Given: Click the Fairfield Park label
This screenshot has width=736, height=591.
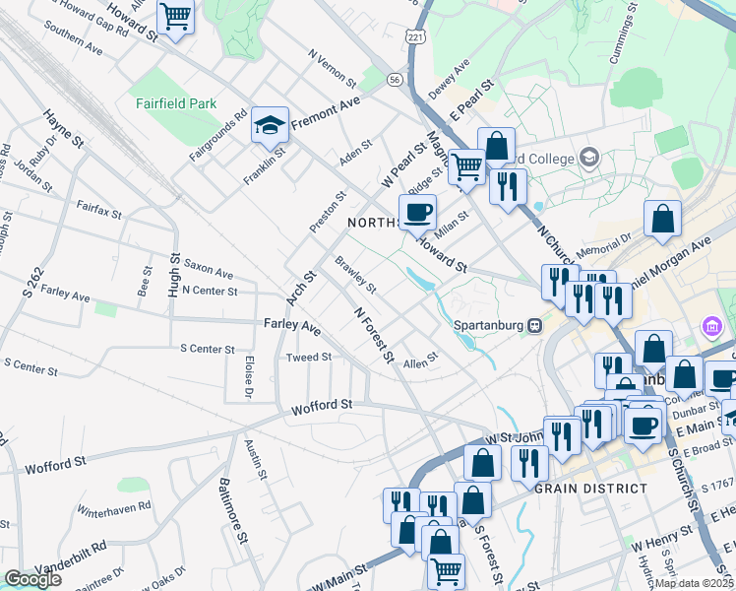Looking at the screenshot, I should [177, 100].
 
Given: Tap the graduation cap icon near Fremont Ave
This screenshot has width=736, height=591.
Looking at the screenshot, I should [270, 126].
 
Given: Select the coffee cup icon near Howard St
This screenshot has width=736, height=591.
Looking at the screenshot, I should [417, 211].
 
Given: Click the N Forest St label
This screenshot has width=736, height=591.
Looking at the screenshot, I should [374, 333].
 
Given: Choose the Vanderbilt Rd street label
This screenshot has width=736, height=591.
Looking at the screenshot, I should [70, 558].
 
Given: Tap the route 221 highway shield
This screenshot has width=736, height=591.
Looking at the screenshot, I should [415, 36].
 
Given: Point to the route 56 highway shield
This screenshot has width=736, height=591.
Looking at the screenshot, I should [395, 78].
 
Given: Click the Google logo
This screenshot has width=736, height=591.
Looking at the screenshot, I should [32, 579].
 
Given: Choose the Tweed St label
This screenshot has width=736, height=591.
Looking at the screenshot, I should [308, 357].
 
